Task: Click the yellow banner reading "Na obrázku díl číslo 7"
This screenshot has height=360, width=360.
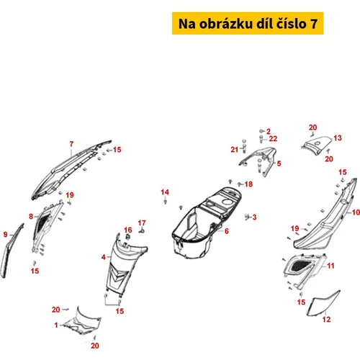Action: point(248,23)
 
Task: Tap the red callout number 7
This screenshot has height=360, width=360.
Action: point(71,144)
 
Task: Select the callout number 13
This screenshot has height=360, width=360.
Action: point(338,138)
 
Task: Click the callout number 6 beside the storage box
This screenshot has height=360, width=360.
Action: point(227,231)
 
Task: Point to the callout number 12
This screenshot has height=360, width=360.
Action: point(326,320)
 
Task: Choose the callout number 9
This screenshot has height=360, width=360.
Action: point(6,235)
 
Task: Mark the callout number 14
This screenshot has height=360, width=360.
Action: point(165,192)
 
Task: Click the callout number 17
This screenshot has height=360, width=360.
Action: point(142,223)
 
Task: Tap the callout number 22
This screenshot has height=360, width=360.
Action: point(273,139)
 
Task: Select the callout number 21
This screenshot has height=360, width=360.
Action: point(235,150)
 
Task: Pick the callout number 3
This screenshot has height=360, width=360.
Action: point(254,217)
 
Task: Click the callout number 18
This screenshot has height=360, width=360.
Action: point(248,184)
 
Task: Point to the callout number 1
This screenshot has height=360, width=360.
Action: point(56,325)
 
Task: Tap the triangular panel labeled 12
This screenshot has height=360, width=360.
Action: point(324,303)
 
